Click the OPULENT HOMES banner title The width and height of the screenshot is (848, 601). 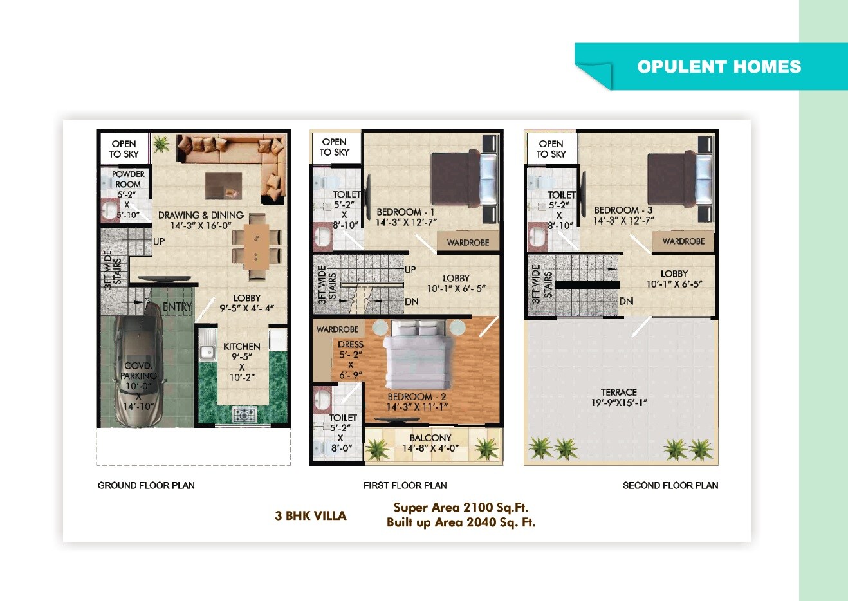tap(719, 67)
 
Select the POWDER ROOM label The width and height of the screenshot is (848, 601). tap(128, 179)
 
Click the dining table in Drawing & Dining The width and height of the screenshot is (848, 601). tap(257, 247)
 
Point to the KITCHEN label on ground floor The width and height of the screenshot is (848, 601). tap(242, 346)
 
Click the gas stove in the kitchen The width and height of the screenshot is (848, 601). tap(244, 415)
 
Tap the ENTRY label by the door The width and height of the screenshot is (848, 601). tap(177, 307)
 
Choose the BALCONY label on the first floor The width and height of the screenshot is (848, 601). tap(430, 438)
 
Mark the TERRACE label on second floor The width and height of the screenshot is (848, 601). tap(619, 392)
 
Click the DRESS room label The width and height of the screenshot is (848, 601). tap(351, 345)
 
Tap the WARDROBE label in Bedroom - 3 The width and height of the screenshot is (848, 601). tap(683, 242)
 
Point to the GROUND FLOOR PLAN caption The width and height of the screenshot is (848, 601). tap(146, 485)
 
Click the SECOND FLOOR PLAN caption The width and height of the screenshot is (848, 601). tap(670, 485)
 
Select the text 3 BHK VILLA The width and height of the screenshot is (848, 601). tap(311, 515)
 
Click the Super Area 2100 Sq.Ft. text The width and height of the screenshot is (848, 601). tap(461, 508)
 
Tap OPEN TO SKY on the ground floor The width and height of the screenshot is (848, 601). tap(124, 149)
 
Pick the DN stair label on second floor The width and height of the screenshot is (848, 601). tap(626, 301)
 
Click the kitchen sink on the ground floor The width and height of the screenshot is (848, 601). tap(207, 351)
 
